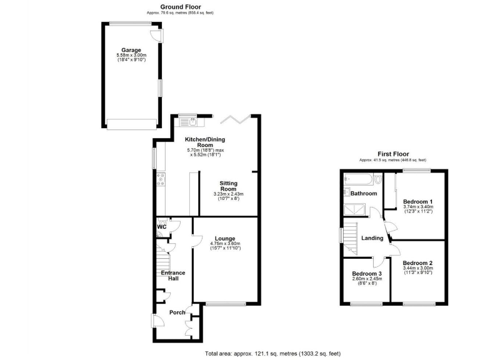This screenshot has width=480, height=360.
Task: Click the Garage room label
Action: tap(131, 50)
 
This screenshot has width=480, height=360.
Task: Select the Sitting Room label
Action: tap(227, 186)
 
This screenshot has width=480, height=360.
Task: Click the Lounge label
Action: tap(225, 238)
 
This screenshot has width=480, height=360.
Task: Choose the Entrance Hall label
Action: tap(173, 276)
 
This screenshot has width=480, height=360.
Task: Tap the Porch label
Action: tap(177, 312)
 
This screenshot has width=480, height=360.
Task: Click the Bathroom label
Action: tap(363, 194)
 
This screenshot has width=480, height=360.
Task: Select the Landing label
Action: tap(372, 238)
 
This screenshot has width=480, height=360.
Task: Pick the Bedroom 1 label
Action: tap(418, 201)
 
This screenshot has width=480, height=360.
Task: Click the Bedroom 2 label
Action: tap(417, 263)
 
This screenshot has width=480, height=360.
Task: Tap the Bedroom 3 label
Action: tap(366, 274)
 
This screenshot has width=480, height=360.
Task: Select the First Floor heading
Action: tap(393, 153)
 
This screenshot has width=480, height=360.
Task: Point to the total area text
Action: tap(273, 354)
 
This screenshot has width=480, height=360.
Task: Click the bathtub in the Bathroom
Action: tap(361, 181)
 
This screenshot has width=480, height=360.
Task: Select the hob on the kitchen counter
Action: tap(161, 181)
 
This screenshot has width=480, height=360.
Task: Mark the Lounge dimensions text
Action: tap(225, 246)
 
